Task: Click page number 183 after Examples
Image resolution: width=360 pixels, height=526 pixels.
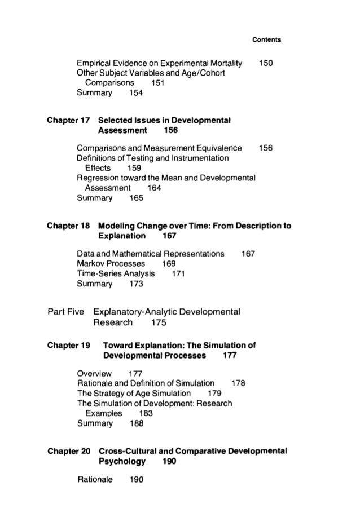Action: [x=146, y=413]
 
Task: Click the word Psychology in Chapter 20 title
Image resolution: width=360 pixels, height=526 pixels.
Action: [x=121, y=461]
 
